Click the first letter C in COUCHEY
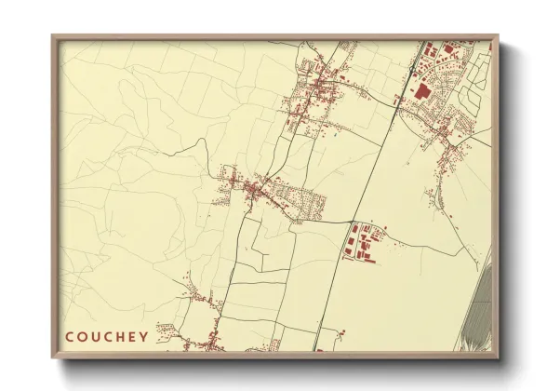click(x=70, y=337)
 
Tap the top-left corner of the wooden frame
click(x=52, y=35)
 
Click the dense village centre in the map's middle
click(x=256, y=191)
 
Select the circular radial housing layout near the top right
click(x=480, y=69)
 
